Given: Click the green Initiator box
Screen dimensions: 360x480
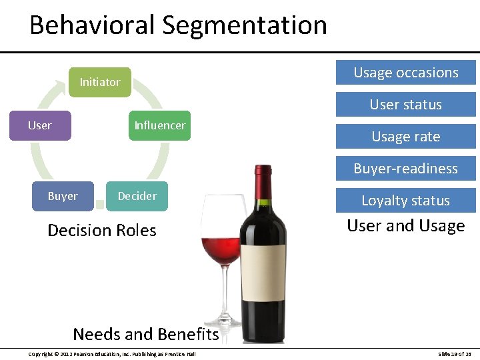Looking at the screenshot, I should click(100, 82).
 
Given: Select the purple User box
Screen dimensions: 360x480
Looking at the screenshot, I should click(40, 125).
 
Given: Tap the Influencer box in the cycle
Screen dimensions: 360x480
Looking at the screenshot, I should click(160, 125).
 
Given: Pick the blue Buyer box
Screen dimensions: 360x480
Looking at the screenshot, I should click(63, 196).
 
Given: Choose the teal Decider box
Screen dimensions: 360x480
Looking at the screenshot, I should click(137, 196).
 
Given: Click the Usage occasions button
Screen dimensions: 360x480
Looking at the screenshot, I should click(405, 73).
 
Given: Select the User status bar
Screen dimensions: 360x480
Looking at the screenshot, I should click(405, 105).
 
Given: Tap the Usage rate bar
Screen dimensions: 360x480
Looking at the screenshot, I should click(405, 137).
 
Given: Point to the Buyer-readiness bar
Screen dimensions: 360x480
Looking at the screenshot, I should click(405, 169).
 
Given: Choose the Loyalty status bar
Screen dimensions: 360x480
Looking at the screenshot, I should click(405, 200).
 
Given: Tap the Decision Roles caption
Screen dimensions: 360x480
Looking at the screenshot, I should click(102, 231).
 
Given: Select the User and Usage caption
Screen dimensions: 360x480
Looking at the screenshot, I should click(405, 226).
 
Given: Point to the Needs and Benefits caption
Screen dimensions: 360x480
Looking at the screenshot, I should click(145, 334).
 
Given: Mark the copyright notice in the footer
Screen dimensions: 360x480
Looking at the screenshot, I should click(112, 353).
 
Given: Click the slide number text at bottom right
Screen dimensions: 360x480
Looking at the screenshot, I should click(455, 353).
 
